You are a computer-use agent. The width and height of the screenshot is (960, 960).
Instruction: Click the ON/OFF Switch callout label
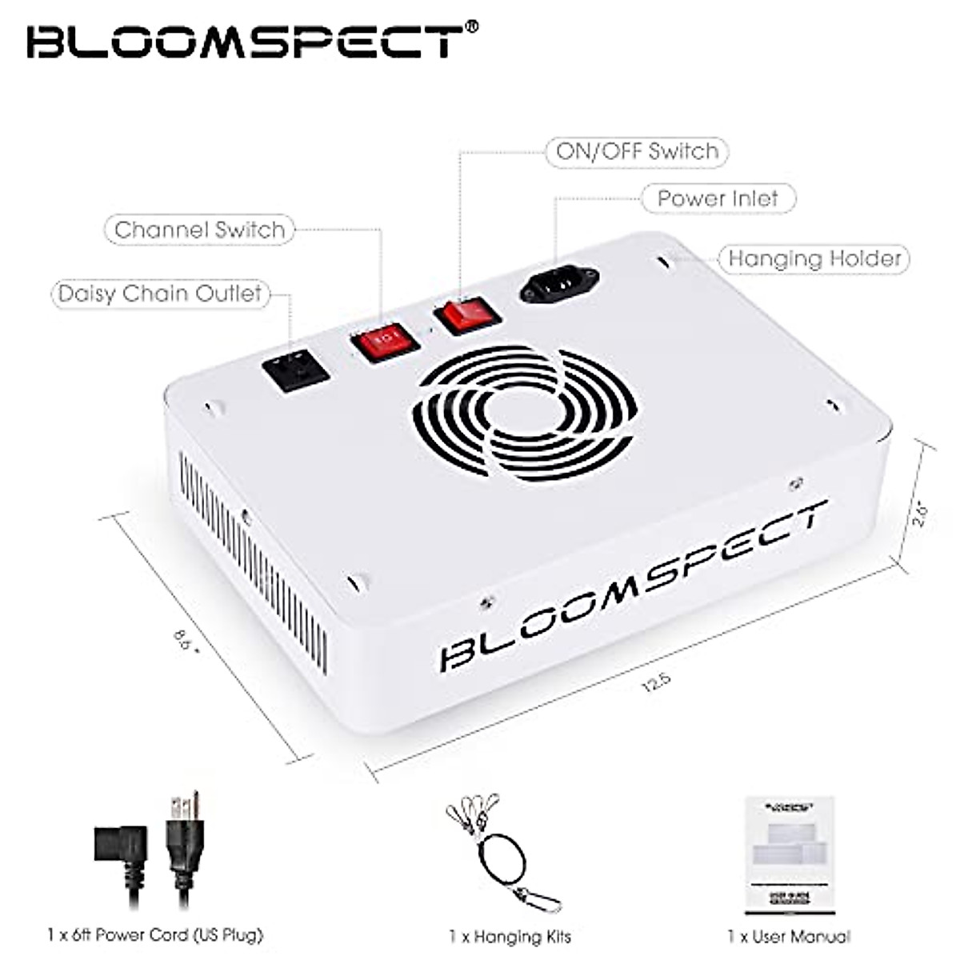click(637, 152)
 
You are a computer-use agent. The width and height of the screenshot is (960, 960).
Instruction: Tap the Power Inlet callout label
click(718, 199)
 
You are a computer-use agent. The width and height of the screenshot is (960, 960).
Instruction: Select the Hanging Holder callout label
click(814, 258)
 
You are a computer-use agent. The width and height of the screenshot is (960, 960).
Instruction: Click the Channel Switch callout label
click(199, 230)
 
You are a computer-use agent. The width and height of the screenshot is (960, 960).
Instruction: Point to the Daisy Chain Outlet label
click(160, 294)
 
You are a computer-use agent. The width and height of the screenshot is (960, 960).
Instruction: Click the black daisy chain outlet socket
click(296, 370)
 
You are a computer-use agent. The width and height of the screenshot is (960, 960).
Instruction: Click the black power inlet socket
click(559, 283)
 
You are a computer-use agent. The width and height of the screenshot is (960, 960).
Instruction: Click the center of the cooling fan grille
click(524, 412)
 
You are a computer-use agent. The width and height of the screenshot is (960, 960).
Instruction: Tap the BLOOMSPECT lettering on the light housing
click(632, 588)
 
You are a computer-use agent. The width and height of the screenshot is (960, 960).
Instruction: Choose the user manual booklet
click(790, 854)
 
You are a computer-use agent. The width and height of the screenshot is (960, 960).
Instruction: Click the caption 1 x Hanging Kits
click(510, 935)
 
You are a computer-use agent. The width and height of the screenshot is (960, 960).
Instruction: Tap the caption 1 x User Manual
click(789, 935)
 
